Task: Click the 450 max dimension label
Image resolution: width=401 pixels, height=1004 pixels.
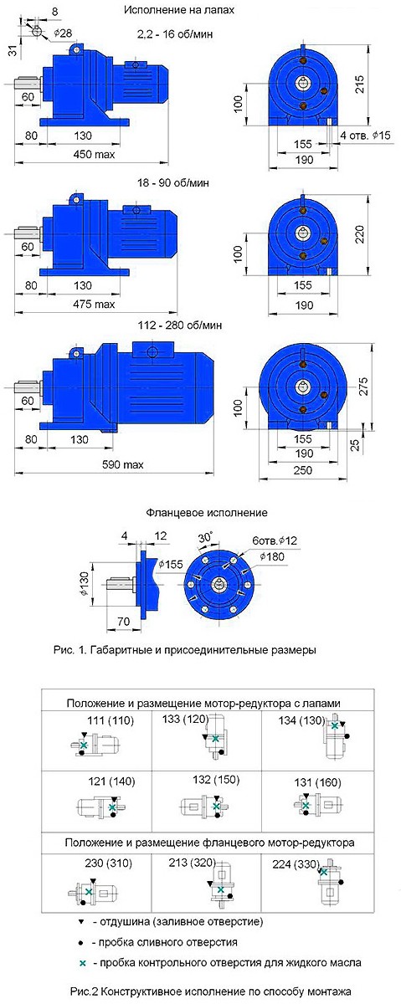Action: point(94,155)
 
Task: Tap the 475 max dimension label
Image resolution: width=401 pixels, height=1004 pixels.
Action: point(94,305)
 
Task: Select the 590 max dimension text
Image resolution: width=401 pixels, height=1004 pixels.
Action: point(123,465)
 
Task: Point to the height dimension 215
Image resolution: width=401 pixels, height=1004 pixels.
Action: point(359,85)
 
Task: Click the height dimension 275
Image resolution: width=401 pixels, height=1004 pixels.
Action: point(362,386)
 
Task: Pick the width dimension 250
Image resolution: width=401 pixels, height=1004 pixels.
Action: point(303,470)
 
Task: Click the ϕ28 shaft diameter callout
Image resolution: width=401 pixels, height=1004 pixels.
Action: point(63,33)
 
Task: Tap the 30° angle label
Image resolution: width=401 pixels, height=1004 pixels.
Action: point(205,537)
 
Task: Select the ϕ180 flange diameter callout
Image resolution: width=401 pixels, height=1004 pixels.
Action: point(271,556)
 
